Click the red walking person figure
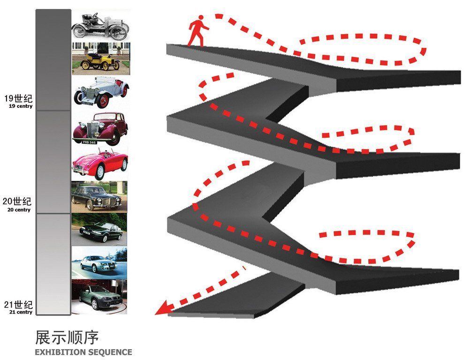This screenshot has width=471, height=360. pyautogui.click(x=198, y=31)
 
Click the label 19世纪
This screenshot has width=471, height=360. pyautogui.click(x=18, y=98)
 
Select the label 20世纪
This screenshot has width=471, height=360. pyautogui.click(x=17, y=202)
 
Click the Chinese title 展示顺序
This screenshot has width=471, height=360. pyautogui.click(x=67, y=337)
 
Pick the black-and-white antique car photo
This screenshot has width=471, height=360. pyautogui.click(x=99, y=26)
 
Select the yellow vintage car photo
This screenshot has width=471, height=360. pyautogui.click(x=99, y=59)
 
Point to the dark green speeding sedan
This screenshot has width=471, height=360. pyautogui.click(x=99, y=229)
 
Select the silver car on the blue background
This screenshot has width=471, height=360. pyautogui.click(x=99, y=262)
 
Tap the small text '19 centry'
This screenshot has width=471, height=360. pyautogui.click(x=20, y=106)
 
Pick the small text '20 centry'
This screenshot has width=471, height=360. pyautogui.click(x=19, y=210)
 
